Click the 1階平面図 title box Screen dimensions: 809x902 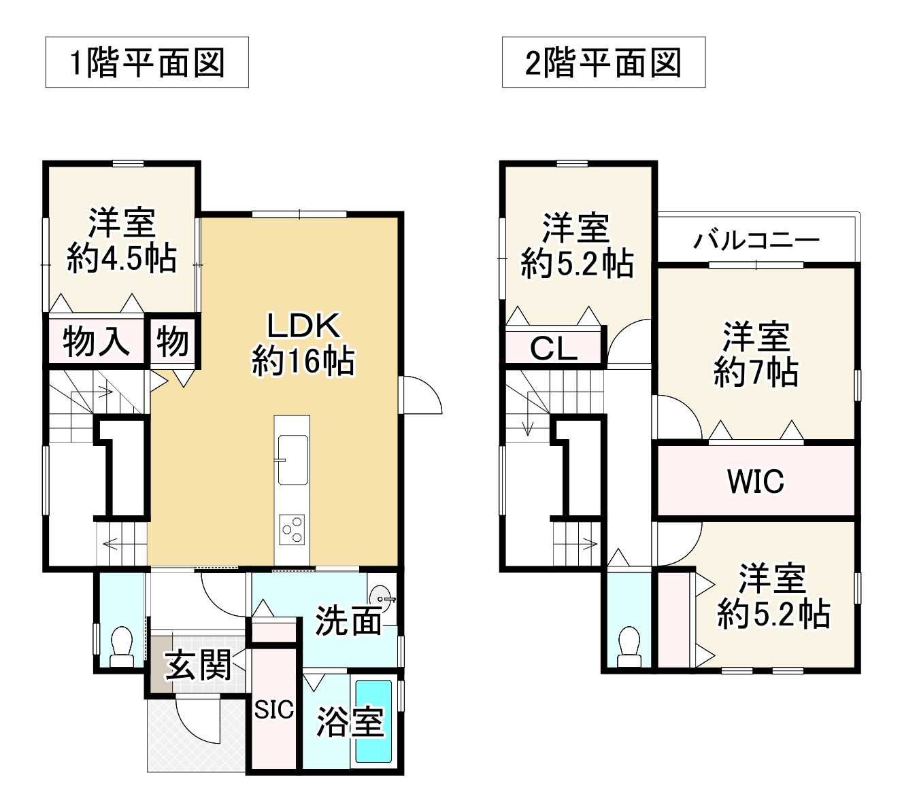pyautogui.click(x=147, y=63)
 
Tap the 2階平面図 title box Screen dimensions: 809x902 pyautogui.click(x=603, y=63)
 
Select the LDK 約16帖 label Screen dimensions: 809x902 pyautogui.click(x=303, y=343)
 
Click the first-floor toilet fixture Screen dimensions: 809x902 pyautogui.click(x=122, y=647)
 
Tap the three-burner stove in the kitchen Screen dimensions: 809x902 pyautogui.click(x=293, y=528)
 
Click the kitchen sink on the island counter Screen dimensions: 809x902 pyautogui.click(x=293, y=459)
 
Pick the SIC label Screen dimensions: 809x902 pyautogui.click(x=274, y=710)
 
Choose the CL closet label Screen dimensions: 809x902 pyautogui.click(x=554, y=349)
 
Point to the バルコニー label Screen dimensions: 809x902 pyautogui.click(x=756, y=240)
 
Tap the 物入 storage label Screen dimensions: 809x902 pyautogui.click(x=96, y=341)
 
